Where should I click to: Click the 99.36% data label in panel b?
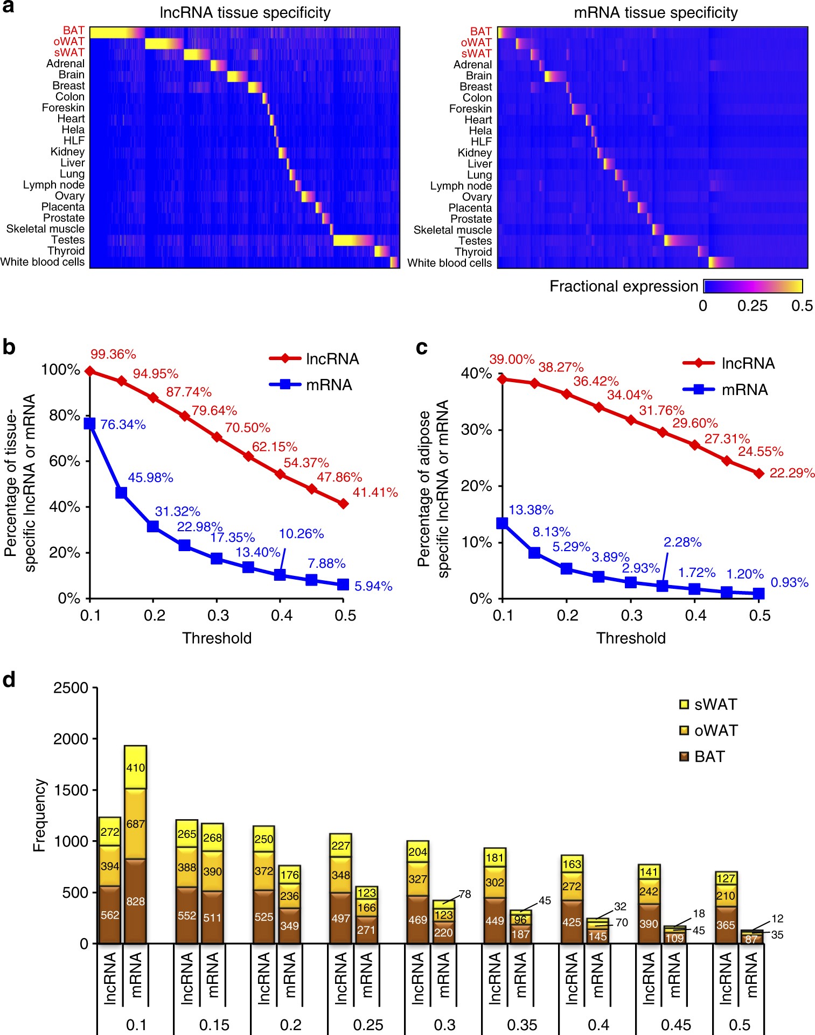[113, 354]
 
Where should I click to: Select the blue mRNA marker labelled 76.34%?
[90, 424]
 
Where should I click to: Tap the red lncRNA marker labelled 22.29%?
[759, 473]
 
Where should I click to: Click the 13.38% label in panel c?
[531, 510]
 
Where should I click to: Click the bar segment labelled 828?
[135, 900]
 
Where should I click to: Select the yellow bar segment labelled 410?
[135, 767]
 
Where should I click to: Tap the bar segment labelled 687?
[135, 823]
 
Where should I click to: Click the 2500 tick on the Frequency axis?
[71, 688]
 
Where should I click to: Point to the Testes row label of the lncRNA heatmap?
[68, 240]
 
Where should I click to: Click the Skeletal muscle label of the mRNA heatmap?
[452, 230]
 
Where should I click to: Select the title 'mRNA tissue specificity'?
[656, 12]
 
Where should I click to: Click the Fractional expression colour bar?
[753, 286]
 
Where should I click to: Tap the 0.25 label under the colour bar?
[752, 306]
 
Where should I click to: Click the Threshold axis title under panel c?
[631, 638]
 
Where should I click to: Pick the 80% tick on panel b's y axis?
[64, 415]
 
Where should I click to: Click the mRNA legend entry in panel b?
[311, 384]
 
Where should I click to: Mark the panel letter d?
[9, 680]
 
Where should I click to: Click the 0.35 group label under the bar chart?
[521, 1024]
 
